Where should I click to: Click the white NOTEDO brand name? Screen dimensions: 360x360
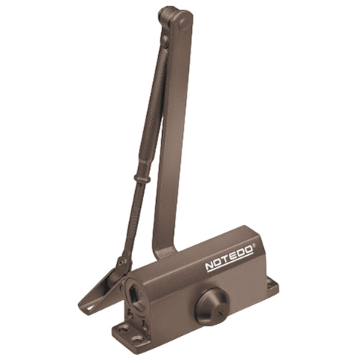pos(229,258)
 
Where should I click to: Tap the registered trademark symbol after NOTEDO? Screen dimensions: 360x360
pos(254,245)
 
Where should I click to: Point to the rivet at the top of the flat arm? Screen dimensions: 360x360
pos(183,23)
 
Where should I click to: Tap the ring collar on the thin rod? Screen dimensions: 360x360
pos(142,178)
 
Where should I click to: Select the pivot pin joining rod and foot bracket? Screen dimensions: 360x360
pos(121,262)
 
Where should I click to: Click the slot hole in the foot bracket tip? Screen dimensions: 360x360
pos(91,308)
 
